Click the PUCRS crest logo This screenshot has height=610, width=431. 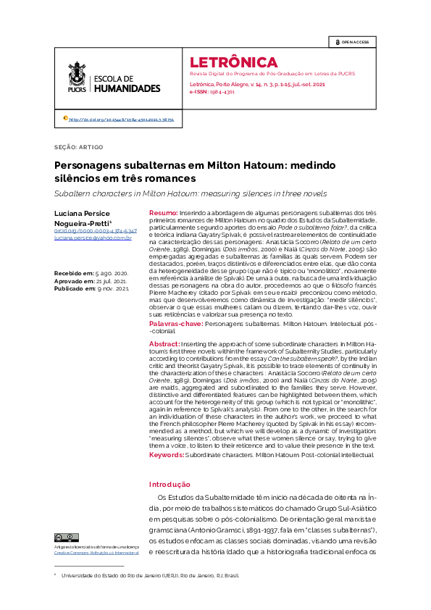tap(77, 77)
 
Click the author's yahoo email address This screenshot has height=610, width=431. tap(92, 238)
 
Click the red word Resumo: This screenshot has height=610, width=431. tap(163, 212)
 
